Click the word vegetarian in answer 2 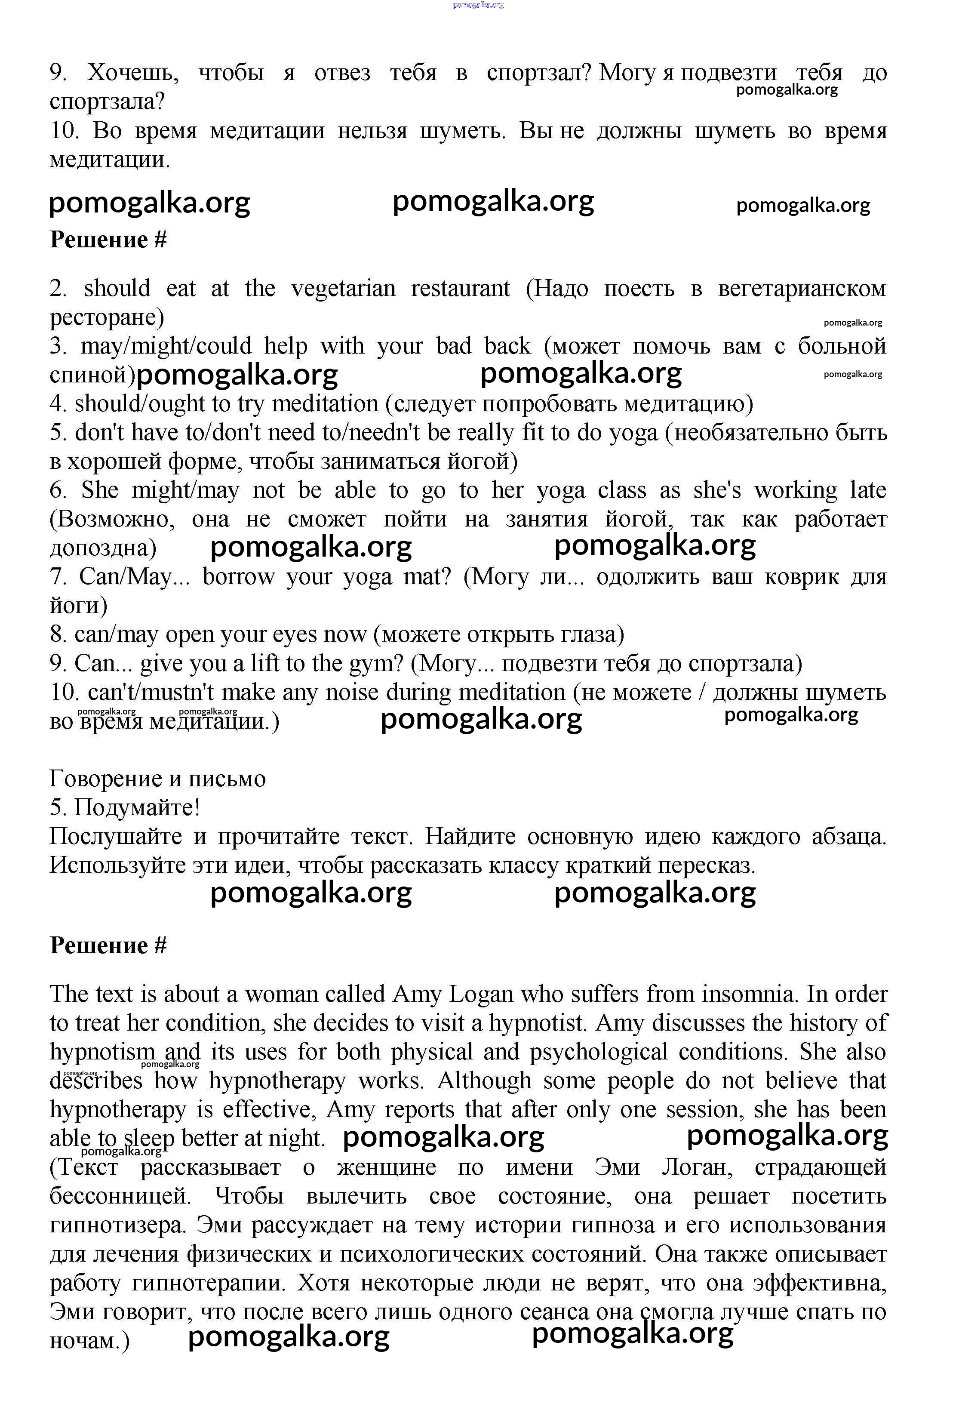click(343, 288)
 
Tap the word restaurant click(460, 288)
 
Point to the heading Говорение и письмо click(157, 779)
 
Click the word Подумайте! click(138, 808)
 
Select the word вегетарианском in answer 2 click(802, 288)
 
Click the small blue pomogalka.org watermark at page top click(478, 5)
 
